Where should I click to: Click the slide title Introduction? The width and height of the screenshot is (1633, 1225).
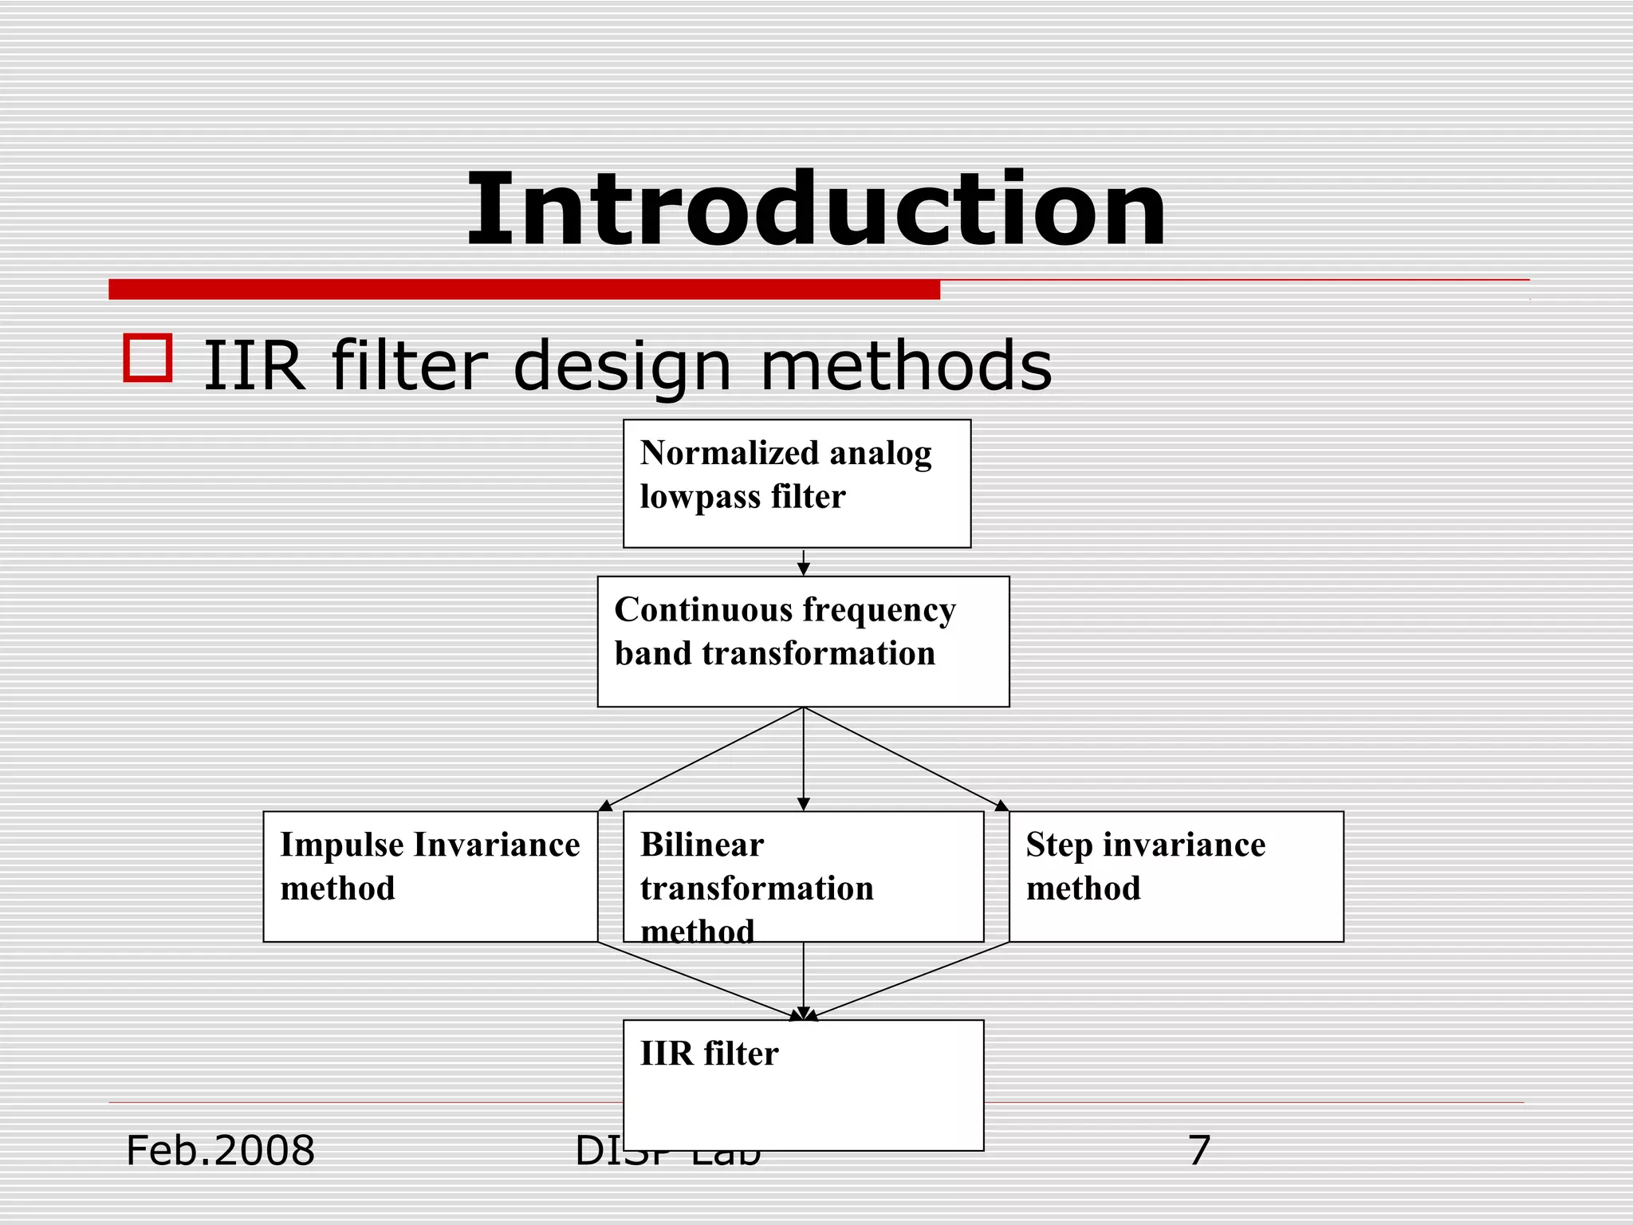[816, 211]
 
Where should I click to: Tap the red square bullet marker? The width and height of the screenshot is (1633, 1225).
[148, 358]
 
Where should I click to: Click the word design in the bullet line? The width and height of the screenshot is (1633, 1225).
[622, 367]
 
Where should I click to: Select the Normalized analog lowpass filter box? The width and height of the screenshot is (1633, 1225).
[797, 483]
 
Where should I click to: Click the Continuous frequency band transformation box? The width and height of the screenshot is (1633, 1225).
[803, 641]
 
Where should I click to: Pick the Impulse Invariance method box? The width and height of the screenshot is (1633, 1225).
[430, 876]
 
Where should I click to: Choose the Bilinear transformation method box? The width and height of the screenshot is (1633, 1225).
[803, 876]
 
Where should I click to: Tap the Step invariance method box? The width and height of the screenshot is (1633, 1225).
[1176, 876]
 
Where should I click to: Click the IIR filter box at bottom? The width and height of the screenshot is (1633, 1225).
[803, 1085]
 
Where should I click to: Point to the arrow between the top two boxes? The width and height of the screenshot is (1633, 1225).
[804, 562]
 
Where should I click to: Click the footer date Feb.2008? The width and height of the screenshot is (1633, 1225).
[220, 1151]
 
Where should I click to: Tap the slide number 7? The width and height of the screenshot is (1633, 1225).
[1198, 1151]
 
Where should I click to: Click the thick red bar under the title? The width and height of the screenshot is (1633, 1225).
[524, 290]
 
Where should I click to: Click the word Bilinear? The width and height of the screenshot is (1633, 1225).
[702, 845]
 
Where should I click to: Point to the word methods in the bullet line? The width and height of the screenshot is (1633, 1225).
[906, 367]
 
